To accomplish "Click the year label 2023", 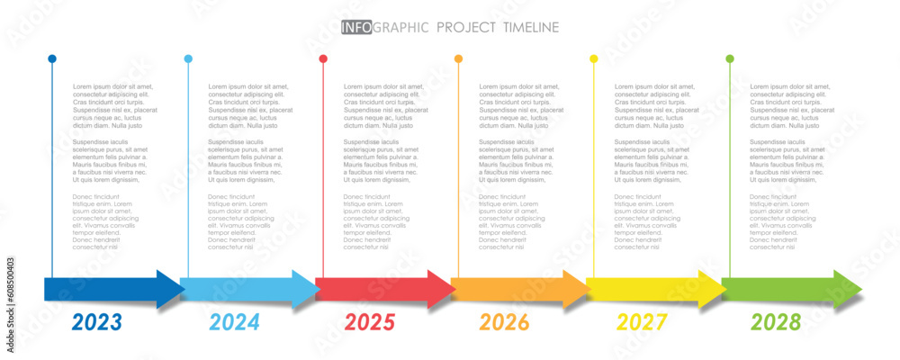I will pos(96,322).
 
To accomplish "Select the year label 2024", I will pos(234,322).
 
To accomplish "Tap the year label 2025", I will pos(370,322).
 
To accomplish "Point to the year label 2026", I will pos(504,322).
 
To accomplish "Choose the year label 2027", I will pos(641,322).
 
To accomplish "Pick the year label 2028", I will pos(775,322).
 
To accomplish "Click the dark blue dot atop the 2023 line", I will pos(52,58).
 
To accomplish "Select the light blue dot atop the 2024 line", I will pos(188,58).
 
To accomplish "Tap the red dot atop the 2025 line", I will pos(323,58).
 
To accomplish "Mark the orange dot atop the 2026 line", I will pos(458,58).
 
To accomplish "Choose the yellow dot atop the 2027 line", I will pos(594,58).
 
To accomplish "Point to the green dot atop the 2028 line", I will pos(730,58).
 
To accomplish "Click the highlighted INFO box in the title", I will pos(355,28).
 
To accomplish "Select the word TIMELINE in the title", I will pos(525,28).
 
